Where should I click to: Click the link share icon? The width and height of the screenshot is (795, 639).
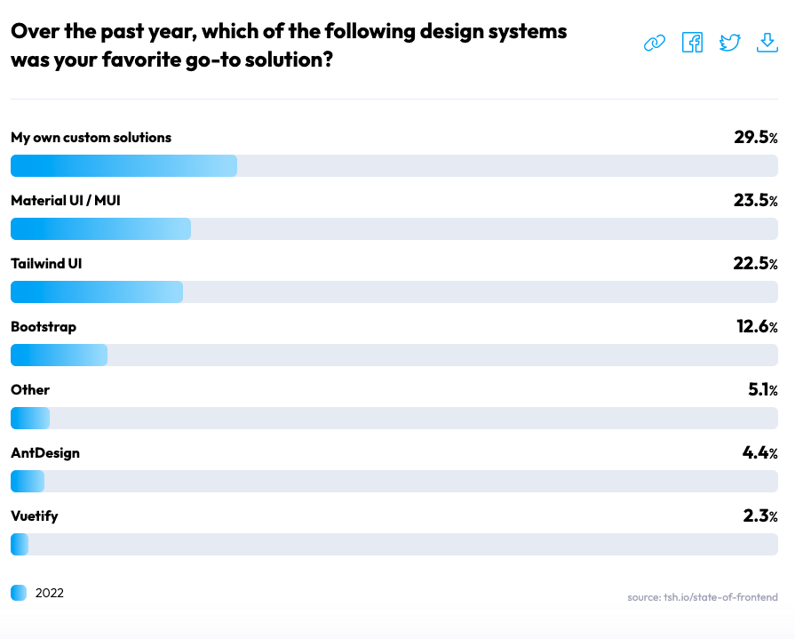tap(654, 44)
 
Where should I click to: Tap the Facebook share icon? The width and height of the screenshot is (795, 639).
tap(692, 42)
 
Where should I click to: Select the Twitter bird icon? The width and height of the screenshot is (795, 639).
tap(729, 43)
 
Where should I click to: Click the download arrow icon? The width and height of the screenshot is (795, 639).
tap(767, 43)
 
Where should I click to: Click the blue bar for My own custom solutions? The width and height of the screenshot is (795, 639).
tap(123, 166)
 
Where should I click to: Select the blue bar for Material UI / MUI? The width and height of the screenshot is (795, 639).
tap(101, 228)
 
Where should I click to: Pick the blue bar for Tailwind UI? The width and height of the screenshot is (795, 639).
tap(97, 292)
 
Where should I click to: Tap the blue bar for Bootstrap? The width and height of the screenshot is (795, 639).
tap(59, 355)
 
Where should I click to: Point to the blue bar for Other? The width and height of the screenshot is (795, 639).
tap(30, 419)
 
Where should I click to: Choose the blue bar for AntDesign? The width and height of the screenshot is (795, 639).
tap(28, 482)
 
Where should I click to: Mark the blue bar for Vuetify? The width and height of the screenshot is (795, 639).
tap(20, 544)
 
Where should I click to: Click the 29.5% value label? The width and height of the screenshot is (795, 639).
tap(755, 137)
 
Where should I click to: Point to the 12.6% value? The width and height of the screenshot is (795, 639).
tap(757, 326)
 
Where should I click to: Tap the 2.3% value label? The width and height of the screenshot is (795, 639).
tap(760, 515)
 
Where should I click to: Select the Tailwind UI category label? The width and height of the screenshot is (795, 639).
tap(46, 264)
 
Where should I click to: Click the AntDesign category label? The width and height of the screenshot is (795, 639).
tap(45, 453)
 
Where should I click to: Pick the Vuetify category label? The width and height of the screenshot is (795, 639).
tap(35, 516)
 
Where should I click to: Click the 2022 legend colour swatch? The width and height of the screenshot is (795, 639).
tap(19, 593)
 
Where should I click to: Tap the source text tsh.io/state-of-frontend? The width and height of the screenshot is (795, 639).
tap(703, 597)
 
